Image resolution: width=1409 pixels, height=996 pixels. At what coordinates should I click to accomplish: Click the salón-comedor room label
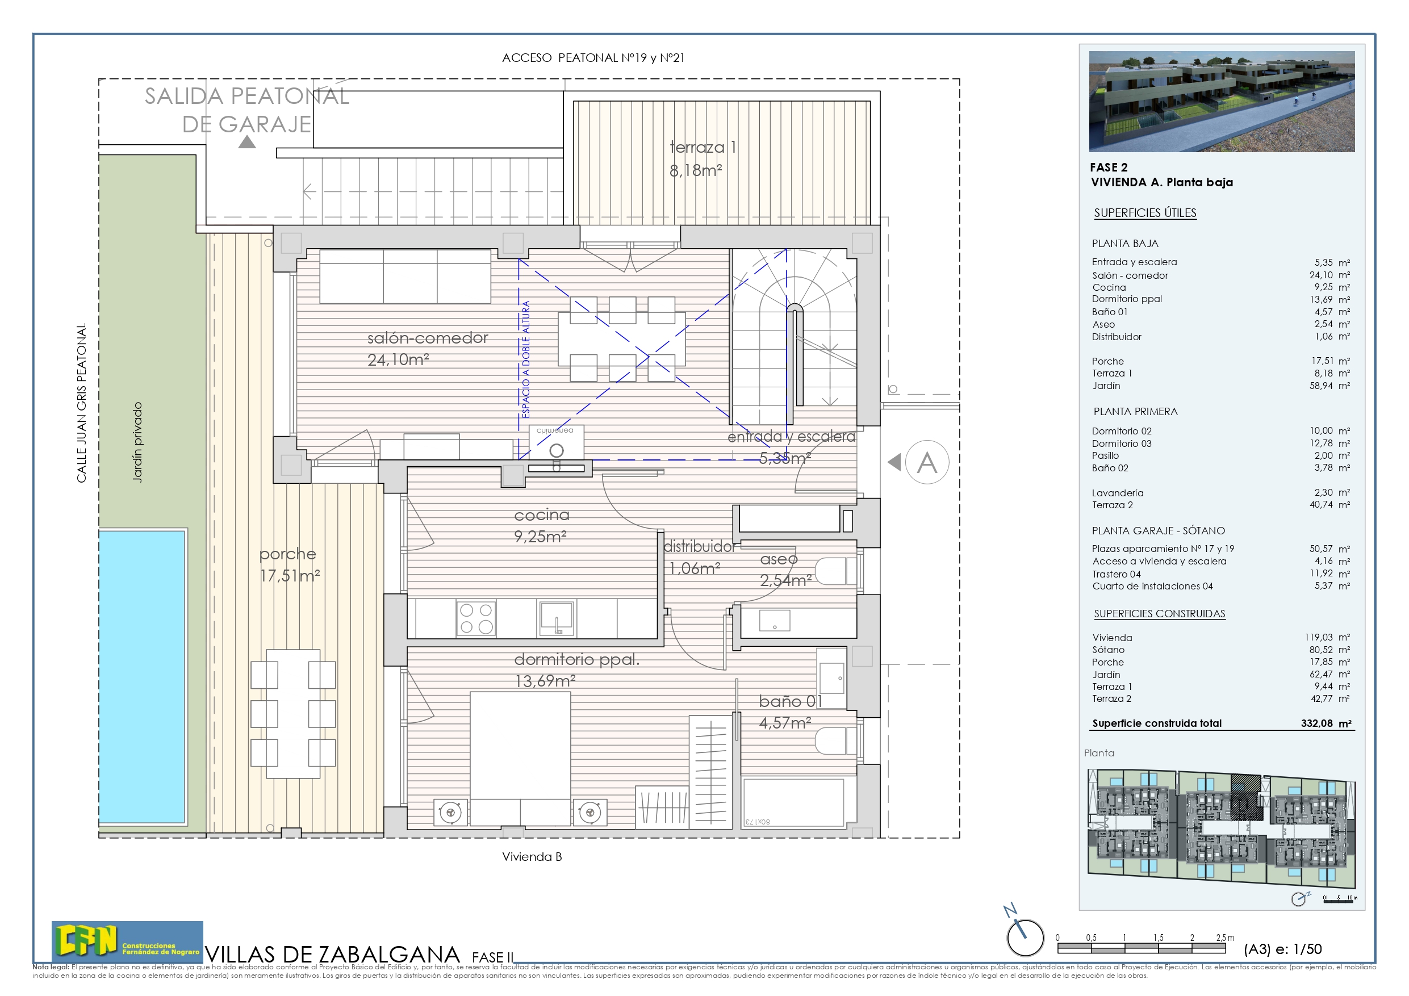click(427, 338)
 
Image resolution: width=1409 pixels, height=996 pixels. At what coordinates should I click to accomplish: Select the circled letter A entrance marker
click(927, 462)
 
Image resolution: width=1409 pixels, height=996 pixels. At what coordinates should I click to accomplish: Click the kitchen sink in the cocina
click(557, 618)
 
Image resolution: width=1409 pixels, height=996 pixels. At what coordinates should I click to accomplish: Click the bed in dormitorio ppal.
click(520, 755)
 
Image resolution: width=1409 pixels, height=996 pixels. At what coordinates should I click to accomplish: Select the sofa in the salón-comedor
click(405, 276)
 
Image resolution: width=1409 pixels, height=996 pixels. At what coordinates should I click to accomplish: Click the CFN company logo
click(127, 941)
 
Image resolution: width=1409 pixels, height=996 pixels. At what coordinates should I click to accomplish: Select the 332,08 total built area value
click(1316, 723)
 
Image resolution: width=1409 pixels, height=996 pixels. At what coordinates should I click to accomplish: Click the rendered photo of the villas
click(1221, 101)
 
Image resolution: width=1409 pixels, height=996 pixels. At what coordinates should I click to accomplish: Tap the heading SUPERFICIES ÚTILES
click(1145, 213)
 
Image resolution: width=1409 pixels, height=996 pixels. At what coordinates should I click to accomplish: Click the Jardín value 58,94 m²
click(1329, 386)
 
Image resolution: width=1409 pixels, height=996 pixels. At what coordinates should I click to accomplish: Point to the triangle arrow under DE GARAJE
click(246, 143)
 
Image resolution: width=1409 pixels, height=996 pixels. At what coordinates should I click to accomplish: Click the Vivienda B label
click(532, 857)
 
